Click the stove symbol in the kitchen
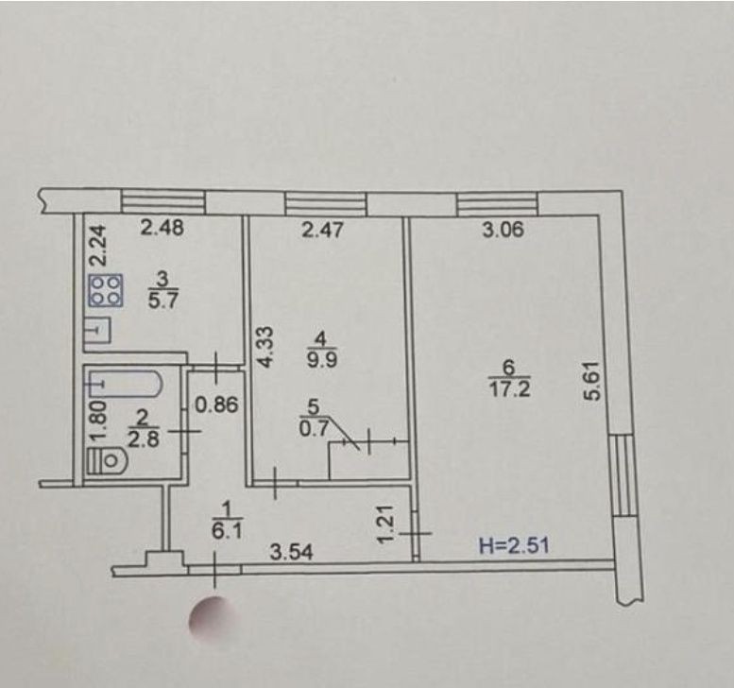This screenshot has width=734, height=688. (106, 291)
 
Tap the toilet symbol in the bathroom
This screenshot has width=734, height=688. (107, 460)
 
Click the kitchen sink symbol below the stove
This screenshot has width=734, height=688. (98, 330)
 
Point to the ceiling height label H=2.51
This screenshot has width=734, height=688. (515, 545)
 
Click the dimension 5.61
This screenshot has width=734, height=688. (591, 380)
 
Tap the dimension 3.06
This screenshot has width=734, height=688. (504, 230)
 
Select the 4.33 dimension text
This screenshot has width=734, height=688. (265, 347)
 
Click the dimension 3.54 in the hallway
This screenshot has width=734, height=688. (291, 553)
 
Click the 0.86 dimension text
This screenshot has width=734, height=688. (216, 405)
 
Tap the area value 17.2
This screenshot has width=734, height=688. (510, 388)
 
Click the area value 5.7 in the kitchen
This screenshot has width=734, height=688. (162, 300)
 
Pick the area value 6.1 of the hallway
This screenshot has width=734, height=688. (227, 531)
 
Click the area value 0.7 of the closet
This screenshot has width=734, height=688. (314, 428)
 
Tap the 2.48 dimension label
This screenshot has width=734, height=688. (162, 228)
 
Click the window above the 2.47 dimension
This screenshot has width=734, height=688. (326, 204)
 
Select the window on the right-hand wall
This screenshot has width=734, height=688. (623, 475)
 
